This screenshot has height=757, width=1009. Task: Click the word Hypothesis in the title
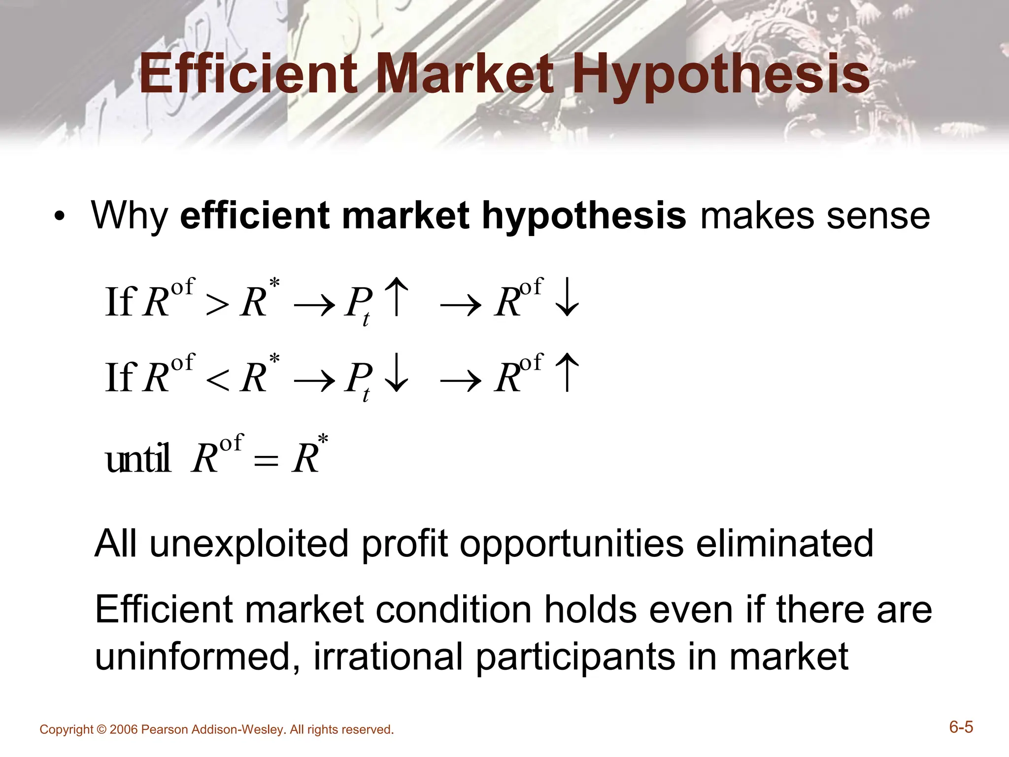(721, 75)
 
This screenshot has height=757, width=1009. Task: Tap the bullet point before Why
(60, 216)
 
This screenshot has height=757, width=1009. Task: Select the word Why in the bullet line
(130, 216)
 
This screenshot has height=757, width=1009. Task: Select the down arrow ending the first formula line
(567, 296)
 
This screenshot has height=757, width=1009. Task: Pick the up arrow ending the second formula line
(567, 373)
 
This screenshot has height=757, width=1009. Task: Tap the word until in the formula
(138, 458)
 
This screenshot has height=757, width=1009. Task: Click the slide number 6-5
(961, 727)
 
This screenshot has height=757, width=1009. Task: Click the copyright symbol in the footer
(101, 729)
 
